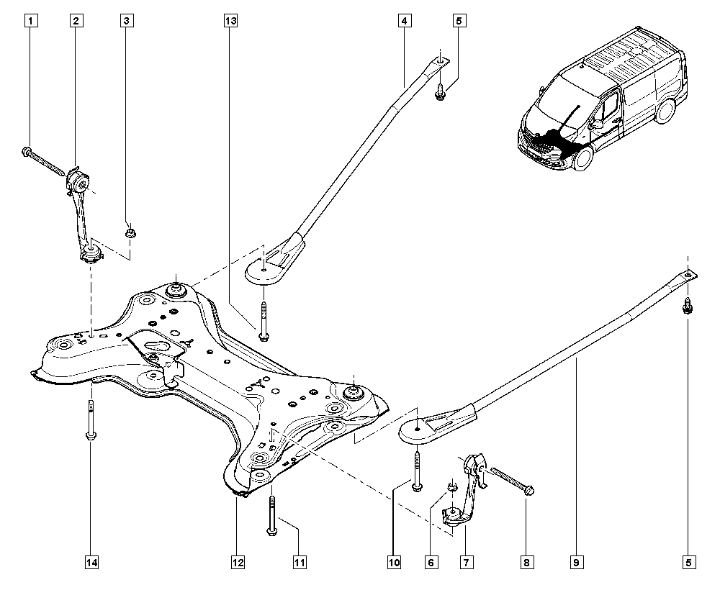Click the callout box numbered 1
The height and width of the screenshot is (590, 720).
pyautogui.click(x=31, y=21)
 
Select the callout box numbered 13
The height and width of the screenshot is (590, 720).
pyautogui.click(x=230, y=21)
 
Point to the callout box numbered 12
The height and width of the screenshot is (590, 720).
pyautogui.click(x=238, y=561)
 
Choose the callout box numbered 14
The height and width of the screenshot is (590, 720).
pyautogui.click(x=92, y=561)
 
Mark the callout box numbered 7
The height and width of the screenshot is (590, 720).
pyautogui.click(x=466, y=561)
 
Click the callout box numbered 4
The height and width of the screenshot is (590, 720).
pyautogui.click(x=404, y=21)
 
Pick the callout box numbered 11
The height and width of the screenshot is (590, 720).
pyautogui.click(x=300, y=561)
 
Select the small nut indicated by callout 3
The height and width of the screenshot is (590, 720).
pyautogui.click(x=130, y=232)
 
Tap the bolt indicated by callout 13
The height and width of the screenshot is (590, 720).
pyautogui.click(x=263, y=321)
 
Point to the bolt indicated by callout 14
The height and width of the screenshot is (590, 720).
pyautogui.click(x=91, y=420)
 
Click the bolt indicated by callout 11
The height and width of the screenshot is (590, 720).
pyautogui.click(x=271, y=516)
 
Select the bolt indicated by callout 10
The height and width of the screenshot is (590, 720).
pyautogui.click(x=416, y=471)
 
